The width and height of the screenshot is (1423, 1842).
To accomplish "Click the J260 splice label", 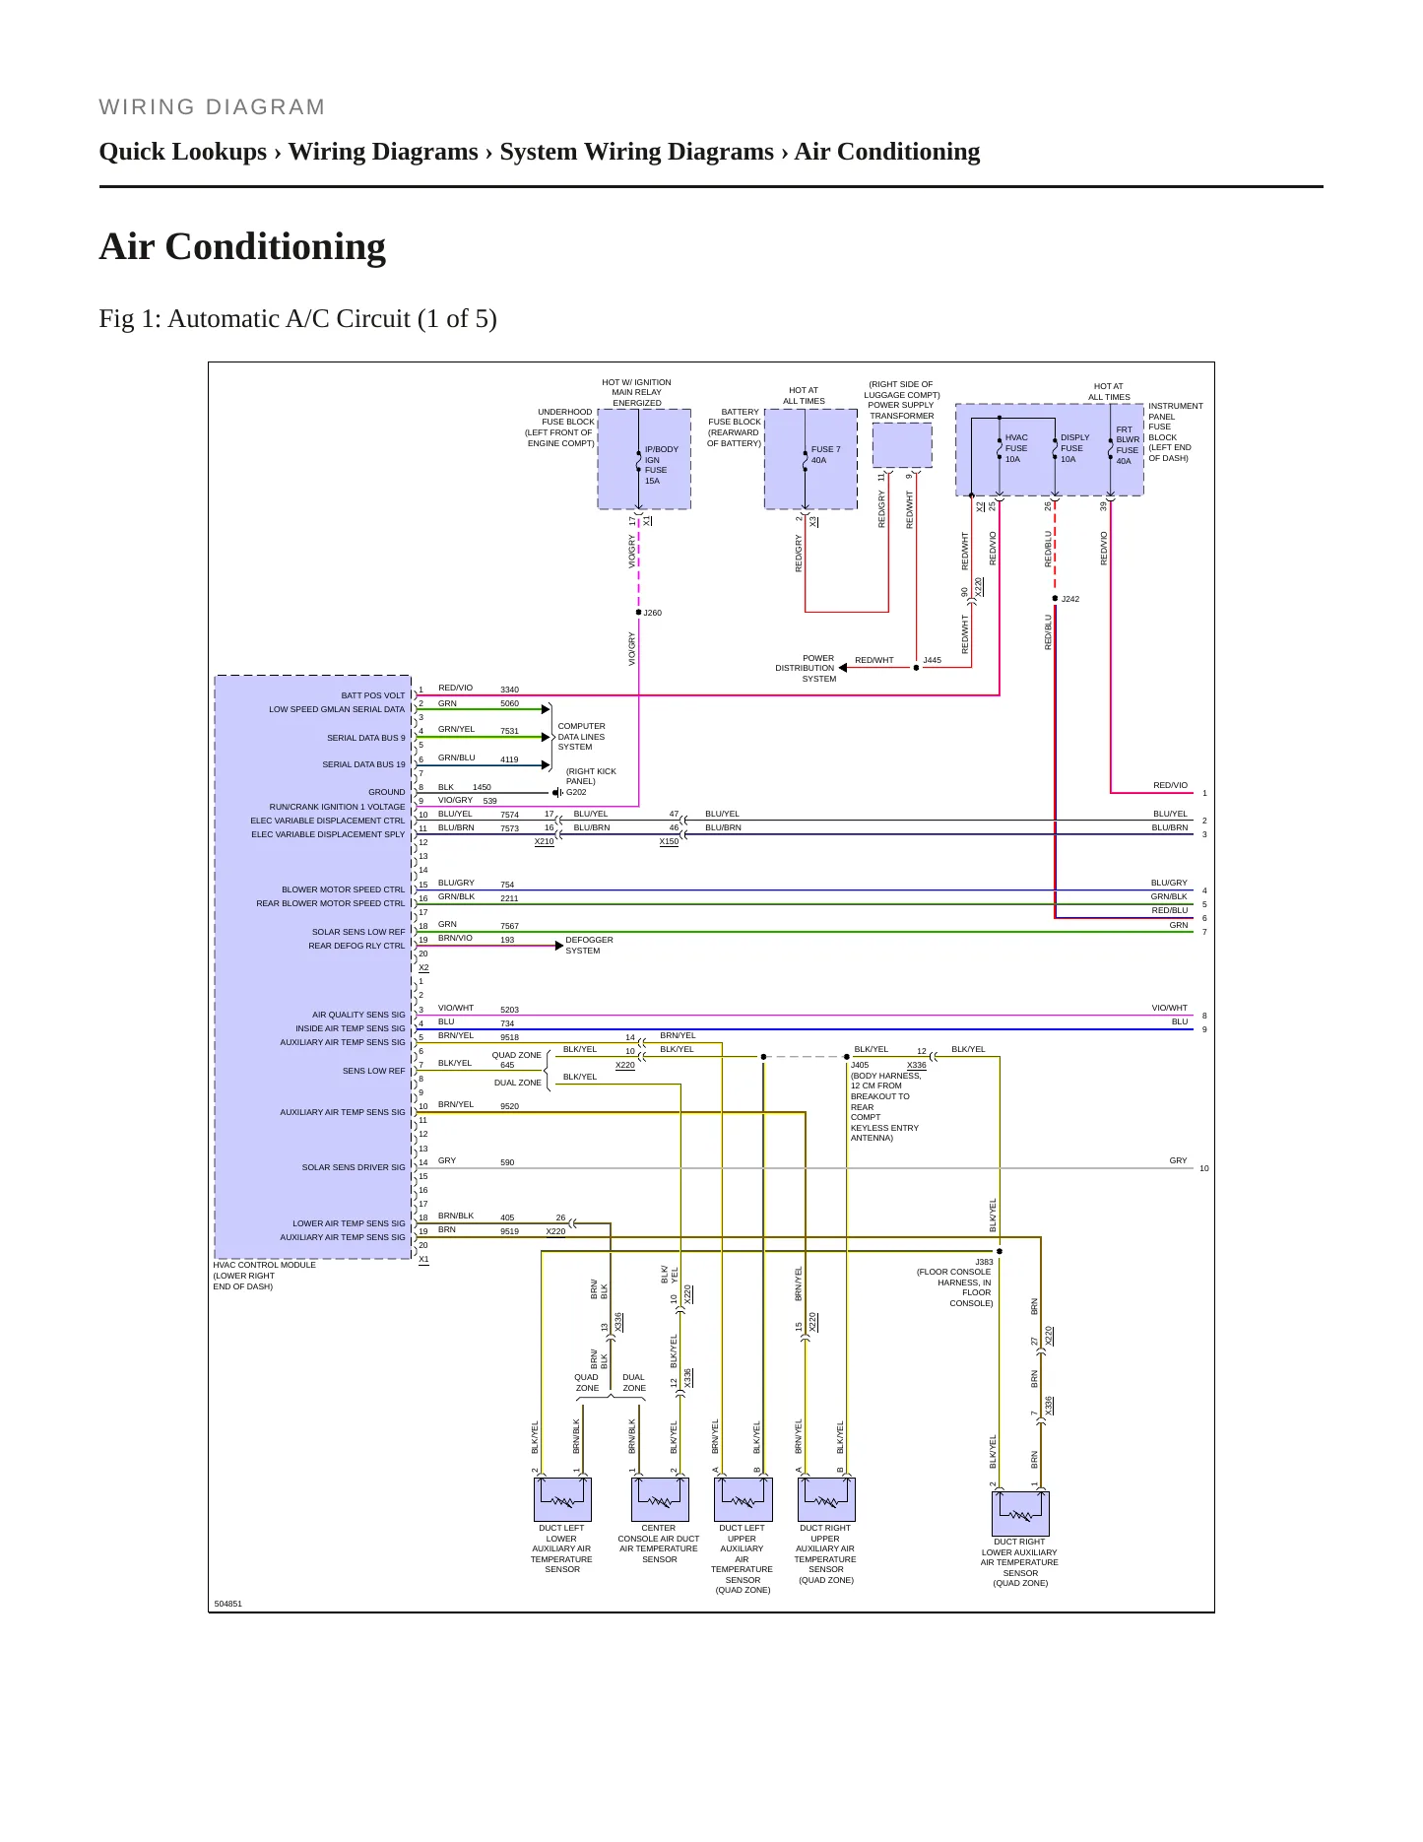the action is [x=652, y=613].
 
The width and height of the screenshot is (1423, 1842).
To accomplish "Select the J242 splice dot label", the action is [x=1069, y=599].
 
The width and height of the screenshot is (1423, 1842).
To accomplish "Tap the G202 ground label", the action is [x=576, y=792].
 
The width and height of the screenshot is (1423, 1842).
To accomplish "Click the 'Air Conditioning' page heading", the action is [x=242, y=246].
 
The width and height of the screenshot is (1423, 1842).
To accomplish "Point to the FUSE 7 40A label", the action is [x=825, y=454].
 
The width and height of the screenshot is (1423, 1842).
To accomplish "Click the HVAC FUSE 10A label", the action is [x=1016, y=448].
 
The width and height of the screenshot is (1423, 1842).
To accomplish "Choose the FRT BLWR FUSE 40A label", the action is [x=1128, y=445].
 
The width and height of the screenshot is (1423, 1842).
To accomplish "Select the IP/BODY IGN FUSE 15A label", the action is [x=662, y=465].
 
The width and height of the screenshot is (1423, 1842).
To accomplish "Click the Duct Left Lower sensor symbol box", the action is [x=562, y=1499].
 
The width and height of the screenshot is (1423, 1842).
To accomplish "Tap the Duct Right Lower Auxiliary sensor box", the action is [x=1020, y=1514].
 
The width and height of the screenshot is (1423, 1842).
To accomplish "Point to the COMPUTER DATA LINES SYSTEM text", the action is [x=581, y=737].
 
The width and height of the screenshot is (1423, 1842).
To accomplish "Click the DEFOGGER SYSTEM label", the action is [x=589, y=946].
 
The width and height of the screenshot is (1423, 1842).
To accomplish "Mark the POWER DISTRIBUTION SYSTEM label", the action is [x=806, y=668].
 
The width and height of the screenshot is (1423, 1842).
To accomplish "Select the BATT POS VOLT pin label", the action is [x=373, y=695].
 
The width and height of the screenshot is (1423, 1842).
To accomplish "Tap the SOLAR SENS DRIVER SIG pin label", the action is [x=354, y=1167].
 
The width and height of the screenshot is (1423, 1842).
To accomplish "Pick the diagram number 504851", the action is [x=227, y=1604].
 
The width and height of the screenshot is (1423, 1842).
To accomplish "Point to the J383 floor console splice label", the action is [x=984, y=1262].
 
